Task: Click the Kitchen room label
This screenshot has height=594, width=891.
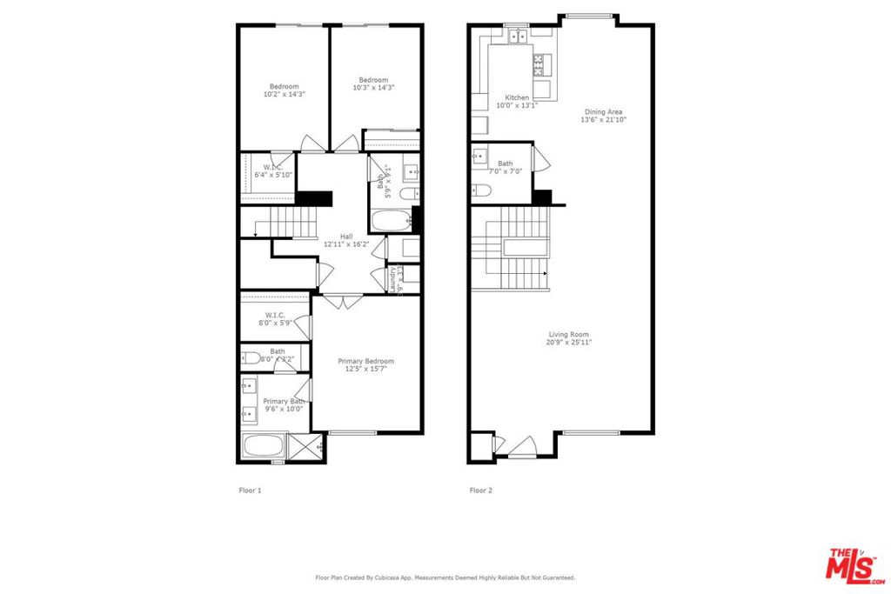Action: (517, 97)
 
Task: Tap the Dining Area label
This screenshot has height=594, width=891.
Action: (603, 111)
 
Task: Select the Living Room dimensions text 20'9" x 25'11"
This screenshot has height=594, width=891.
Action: (569, 343)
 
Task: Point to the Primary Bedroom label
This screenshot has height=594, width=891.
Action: (365, 361)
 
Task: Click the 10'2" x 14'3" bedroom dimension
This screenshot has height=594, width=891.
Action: (284, 94)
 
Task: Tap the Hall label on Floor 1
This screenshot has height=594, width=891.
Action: (346, 237)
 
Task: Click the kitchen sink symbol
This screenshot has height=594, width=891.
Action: (518, 37)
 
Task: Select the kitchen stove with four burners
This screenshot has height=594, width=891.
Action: (539, 63)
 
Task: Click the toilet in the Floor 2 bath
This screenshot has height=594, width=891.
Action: (484, 190)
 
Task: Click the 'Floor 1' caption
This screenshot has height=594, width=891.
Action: (250, 491)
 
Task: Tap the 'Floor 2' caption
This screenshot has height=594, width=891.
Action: (481, 491)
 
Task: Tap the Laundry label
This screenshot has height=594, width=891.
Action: (392, 280)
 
